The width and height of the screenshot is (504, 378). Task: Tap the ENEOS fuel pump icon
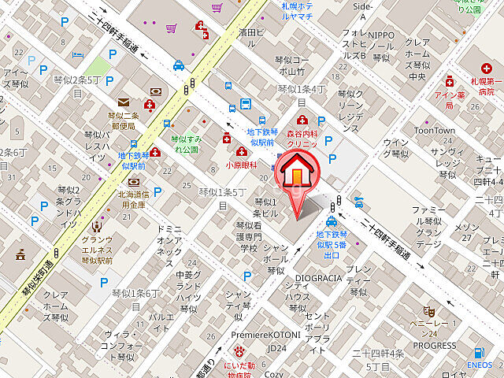coord(479,354)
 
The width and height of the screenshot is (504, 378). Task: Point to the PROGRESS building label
coord(434,345)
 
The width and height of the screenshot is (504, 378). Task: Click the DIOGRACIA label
coord(317,277)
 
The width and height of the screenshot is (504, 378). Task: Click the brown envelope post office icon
coord(124,102)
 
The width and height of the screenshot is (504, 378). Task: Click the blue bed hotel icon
coord(77,54)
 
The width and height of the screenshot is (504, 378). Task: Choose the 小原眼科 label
coord(239,165)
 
